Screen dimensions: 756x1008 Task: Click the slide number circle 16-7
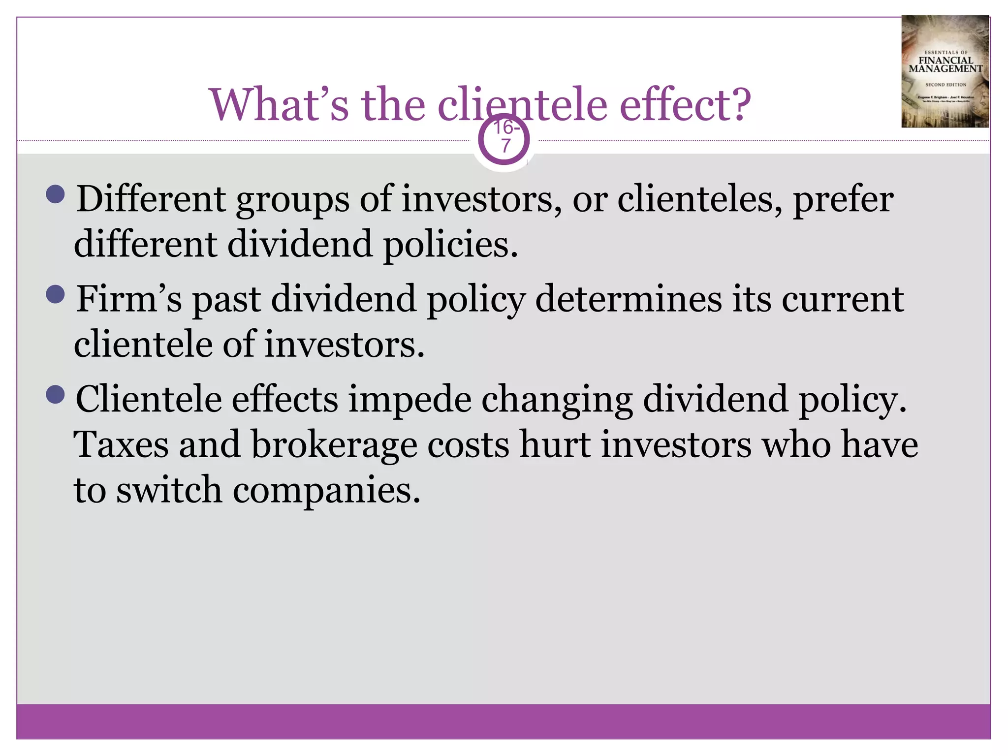(504, 140)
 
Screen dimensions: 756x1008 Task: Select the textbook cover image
(945, 72)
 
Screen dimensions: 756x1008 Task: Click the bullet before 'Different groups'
(55, 194)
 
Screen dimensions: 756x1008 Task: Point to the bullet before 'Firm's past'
(55, 294)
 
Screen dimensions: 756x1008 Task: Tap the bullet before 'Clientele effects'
(55, 394)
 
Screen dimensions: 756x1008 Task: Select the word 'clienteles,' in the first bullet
(699, 199)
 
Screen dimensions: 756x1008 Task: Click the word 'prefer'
(843, 199)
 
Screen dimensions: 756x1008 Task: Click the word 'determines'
(628, 299)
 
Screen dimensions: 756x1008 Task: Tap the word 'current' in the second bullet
(842, 299)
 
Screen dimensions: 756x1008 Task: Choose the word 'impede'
(409, 400)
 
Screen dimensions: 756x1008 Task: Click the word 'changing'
(557, 400)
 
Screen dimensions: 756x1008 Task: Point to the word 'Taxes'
(121, 444)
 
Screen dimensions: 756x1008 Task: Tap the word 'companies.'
(326, 491)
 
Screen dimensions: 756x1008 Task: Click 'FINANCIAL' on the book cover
(945, 61)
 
